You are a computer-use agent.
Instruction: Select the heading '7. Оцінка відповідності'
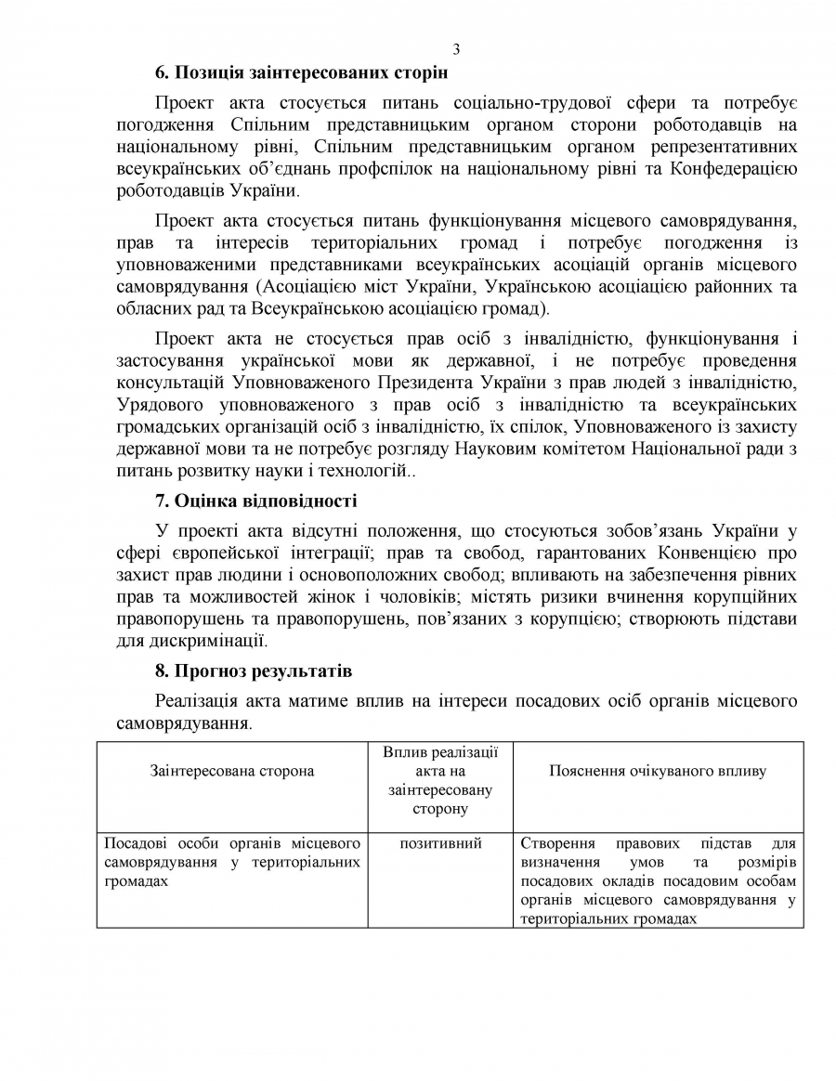(x=255, y=501)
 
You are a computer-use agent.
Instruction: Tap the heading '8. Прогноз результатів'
(x=254, y=671)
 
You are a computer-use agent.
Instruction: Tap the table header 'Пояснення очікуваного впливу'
(x=658, y=771)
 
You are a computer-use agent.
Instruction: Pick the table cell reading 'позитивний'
(x=440, y=844)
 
